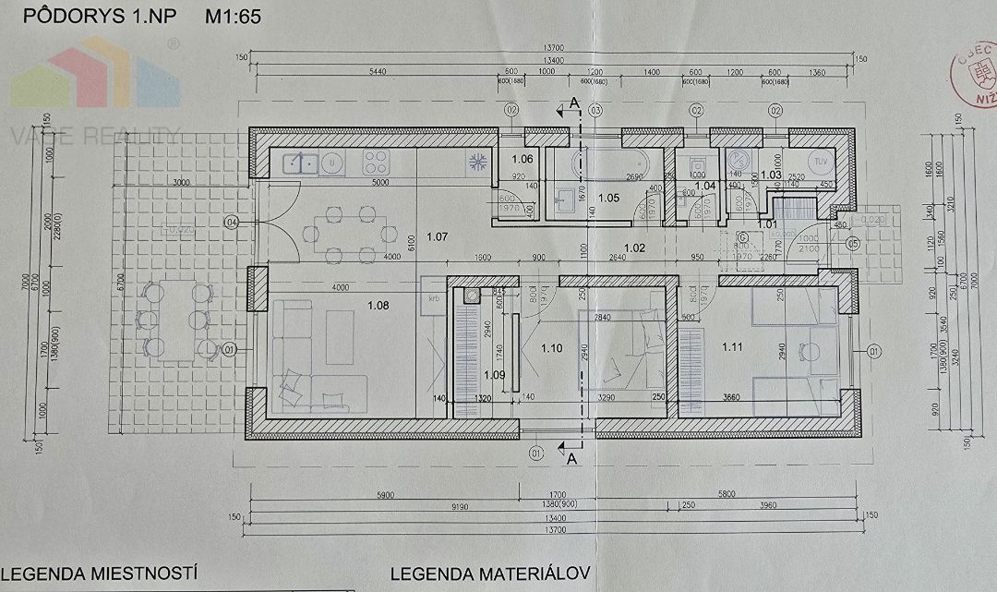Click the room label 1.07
(x=437, y=237)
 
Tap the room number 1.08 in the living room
(x=378, y=305)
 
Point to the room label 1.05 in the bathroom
(x=608, y=198)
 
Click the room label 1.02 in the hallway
(x=635, y=247)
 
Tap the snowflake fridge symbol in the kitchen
(x=479, y=163)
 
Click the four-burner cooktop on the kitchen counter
(x=374, y=163)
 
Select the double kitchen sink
(x=301, y=163)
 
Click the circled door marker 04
(x=231, y=222)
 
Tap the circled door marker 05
(x=852, y=244)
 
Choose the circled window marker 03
(x=596, y=111)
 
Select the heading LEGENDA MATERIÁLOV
(x=489, y=574)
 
